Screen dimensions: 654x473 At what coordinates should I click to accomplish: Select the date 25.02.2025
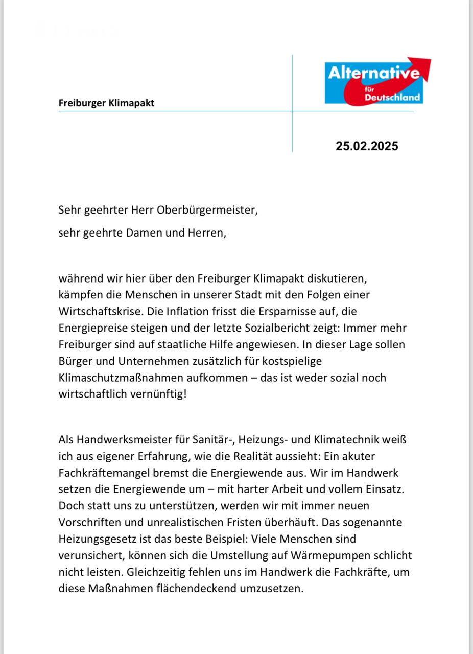pos(367,146)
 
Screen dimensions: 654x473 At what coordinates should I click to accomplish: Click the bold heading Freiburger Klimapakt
pos(106,103)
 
